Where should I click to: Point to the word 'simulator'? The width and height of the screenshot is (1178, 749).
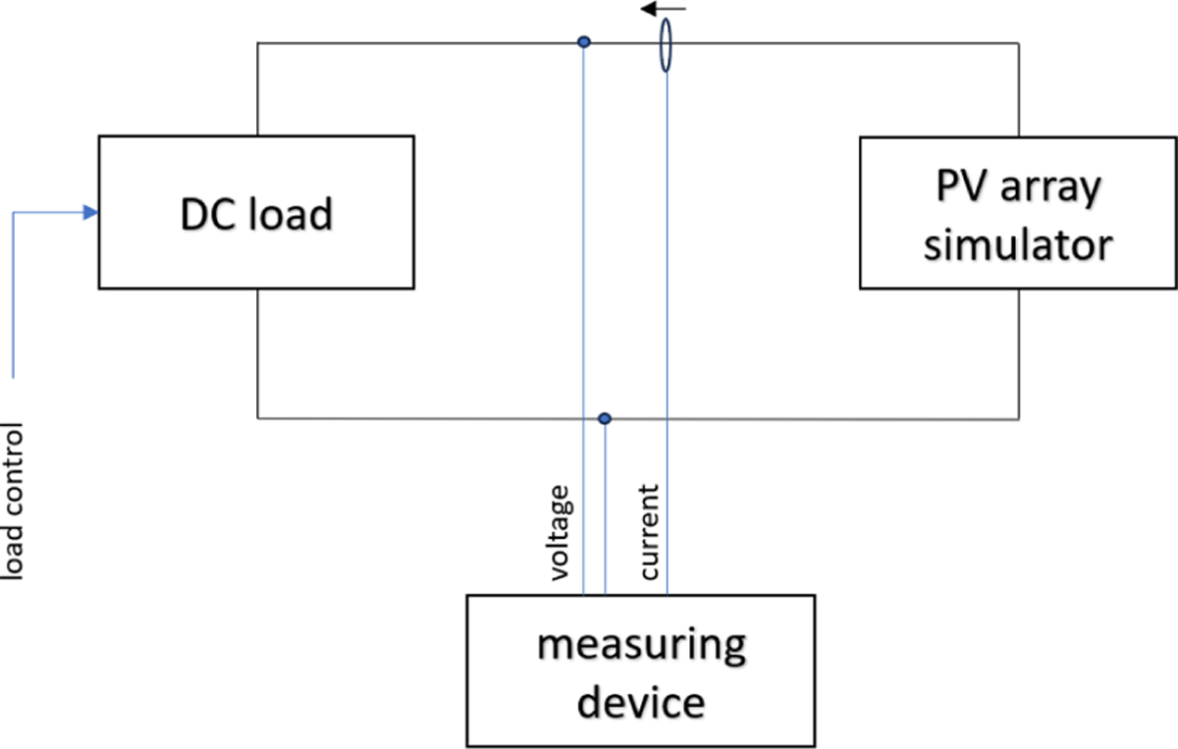tap(1018, 243)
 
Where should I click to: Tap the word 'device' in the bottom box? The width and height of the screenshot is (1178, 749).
tap(640, 702)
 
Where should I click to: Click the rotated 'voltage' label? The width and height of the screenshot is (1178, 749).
tap(560, 532)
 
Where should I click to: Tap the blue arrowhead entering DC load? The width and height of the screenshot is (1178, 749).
tap(91, 212)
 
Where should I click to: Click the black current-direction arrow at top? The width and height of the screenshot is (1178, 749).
tap(664, 10)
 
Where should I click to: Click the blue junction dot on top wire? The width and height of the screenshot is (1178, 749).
tap(584, 42)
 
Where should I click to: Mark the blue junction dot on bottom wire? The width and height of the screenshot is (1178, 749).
tap(605, 418)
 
